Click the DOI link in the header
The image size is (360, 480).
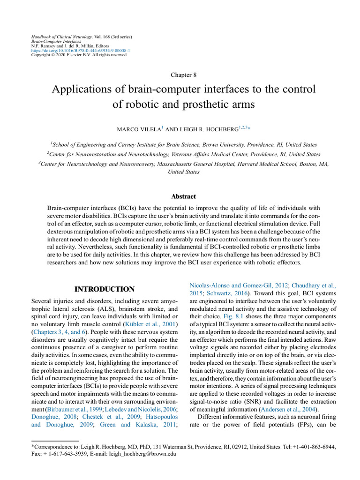[81, 50]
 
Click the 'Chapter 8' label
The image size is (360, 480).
[180, 75]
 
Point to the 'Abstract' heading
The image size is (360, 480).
[180, 196]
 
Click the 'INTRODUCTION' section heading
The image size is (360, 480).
[105, 289]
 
